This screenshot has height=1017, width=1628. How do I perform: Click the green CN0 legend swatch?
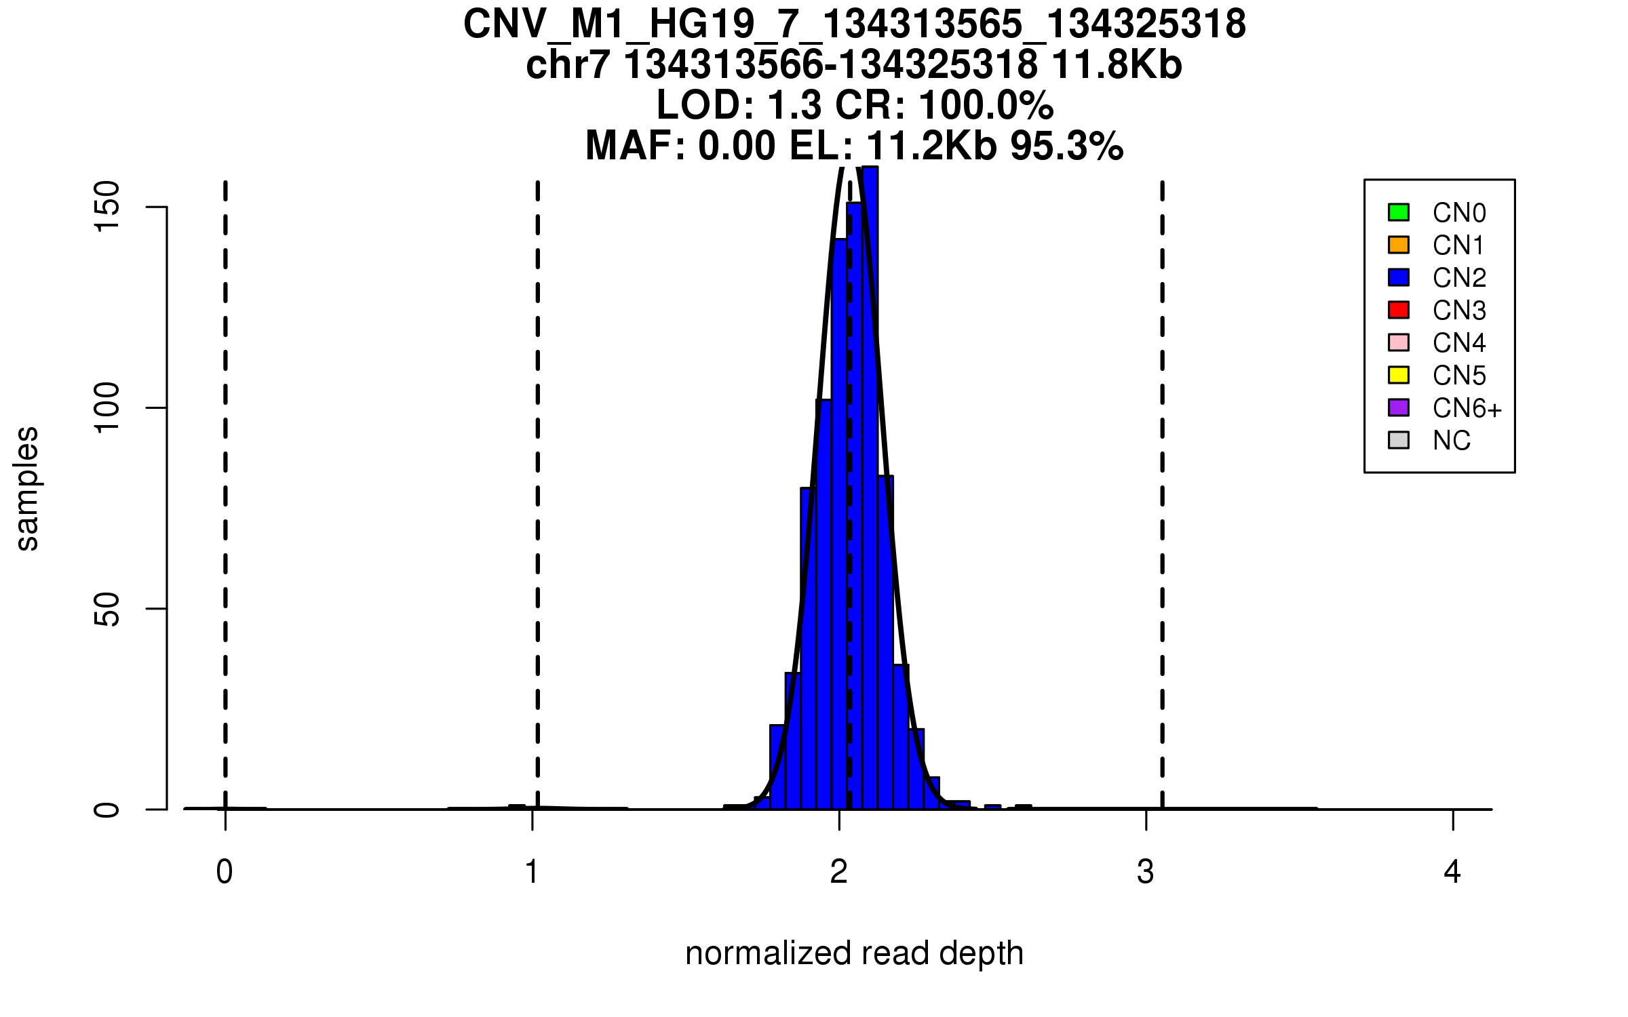(x=1399, y=212)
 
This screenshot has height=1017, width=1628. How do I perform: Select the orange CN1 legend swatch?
(x=1399, y=245)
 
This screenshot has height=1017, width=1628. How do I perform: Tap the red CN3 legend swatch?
(x=1399, y=310)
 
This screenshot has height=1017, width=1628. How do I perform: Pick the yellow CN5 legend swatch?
(x=1399, y=375)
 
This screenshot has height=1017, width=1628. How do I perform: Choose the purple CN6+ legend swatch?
(x=1399, y=407)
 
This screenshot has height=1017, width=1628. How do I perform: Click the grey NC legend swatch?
(x=1399, y=440)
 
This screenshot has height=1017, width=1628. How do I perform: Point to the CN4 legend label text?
(x=1459, y=343)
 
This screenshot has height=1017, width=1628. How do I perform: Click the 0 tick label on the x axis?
(x=225, y=872)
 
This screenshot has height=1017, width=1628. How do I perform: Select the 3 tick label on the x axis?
(x=1146, y=872)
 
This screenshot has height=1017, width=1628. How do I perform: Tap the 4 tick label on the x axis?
(x=1452, y=872)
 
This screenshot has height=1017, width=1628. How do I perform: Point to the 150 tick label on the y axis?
(x=107, y=207)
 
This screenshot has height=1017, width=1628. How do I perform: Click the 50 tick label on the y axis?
(x=107, y=609)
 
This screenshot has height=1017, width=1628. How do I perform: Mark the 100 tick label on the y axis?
(x=107, y=407)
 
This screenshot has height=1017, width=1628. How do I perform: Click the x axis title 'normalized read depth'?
(x=854, y=953)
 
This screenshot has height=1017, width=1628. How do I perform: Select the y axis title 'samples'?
(x=27, y=488)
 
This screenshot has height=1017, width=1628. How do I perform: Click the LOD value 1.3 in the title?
(x=794, y=106)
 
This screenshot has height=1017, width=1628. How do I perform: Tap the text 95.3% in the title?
(x=1066, y=146)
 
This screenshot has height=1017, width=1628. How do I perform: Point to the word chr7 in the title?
(x=567, y=65)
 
